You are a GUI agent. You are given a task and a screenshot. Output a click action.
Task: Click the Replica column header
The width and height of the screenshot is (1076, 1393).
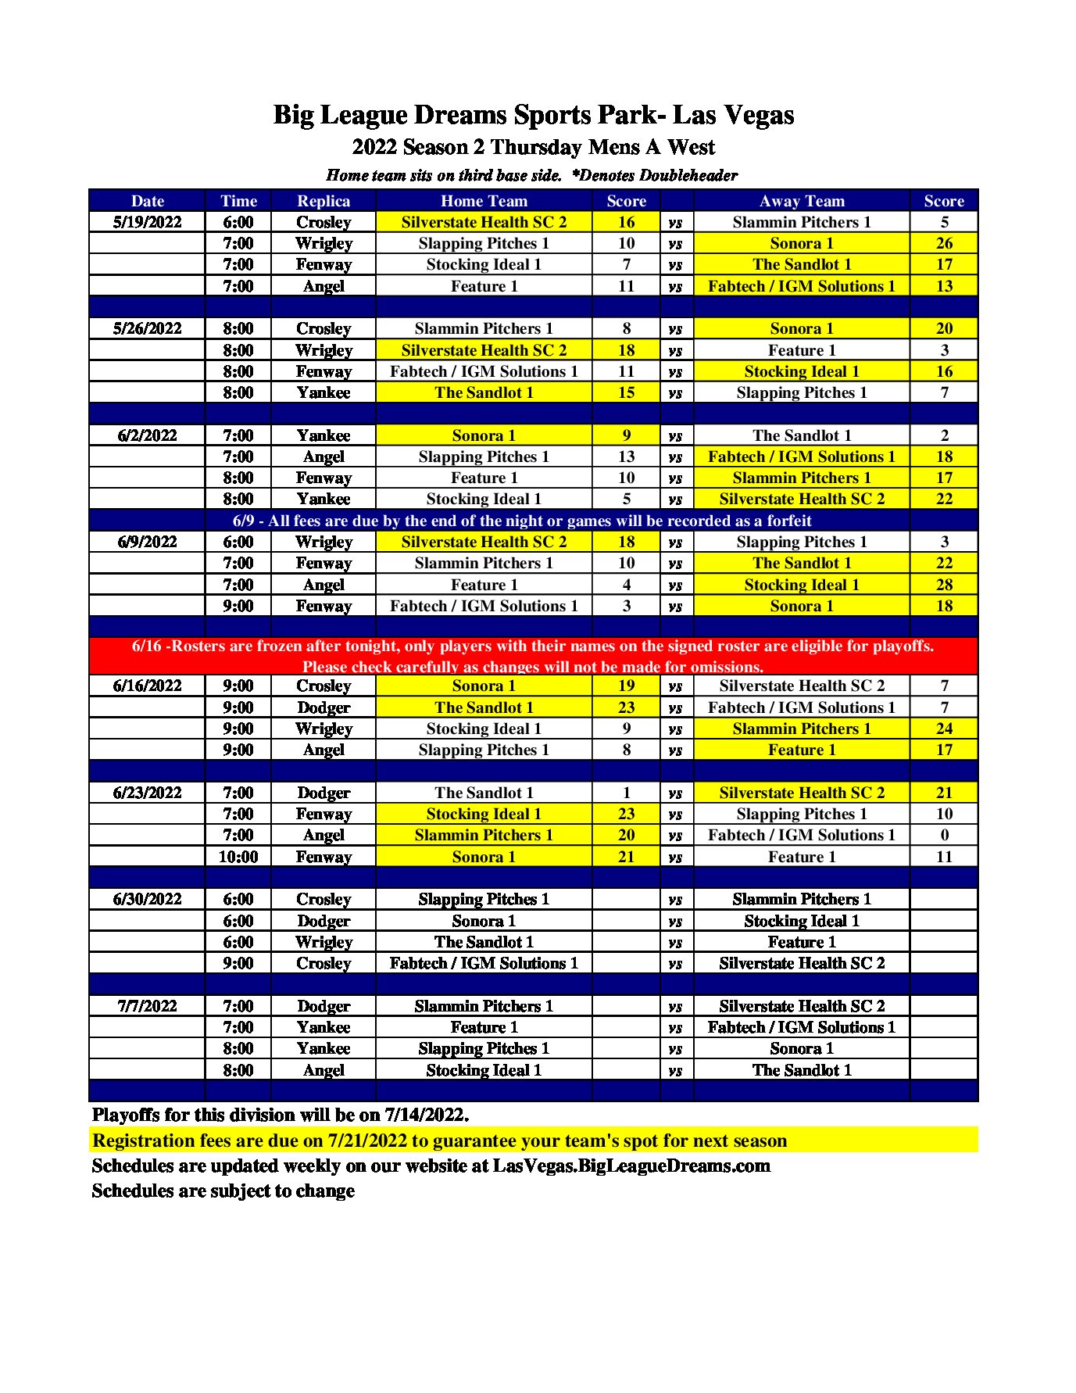(324, 201)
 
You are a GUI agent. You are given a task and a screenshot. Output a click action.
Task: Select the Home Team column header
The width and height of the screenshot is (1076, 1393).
(484, 201)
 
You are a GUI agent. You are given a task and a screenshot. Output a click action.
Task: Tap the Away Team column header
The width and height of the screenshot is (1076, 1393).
(802, 201)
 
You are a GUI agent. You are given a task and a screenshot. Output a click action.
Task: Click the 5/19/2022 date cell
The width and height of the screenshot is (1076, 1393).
(147, 222)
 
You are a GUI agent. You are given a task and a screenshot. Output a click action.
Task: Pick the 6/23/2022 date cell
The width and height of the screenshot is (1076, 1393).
(147, 793)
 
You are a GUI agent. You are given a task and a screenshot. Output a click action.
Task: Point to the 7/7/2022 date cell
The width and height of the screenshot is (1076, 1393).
(147, 1006)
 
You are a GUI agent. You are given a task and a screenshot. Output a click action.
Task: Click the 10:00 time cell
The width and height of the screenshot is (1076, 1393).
(238, 857)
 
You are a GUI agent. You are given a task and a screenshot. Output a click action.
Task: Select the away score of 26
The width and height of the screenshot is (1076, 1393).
(944, 243)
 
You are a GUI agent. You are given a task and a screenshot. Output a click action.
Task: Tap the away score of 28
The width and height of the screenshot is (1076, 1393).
(944, 585)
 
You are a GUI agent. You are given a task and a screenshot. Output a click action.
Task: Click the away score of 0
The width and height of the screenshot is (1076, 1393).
(944, 835)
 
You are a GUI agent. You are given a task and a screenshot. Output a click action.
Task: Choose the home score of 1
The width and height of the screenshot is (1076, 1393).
(626, 793)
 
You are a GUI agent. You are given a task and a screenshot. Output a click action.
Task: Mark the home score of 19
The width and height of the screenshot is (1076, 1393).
(626, 686)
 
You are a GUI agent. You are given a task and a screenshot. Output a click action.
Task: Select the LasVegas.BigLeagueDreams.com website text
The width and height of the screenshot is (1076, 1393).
(631, 1166)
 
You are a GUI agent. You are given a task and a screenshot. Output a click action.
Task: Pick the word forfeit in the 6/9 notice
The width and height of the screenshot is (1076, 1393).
(783, 521)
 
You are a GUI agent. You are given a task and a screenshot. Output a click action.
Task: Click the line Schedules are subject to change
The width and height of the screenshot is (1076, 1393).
(223, 1191)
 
